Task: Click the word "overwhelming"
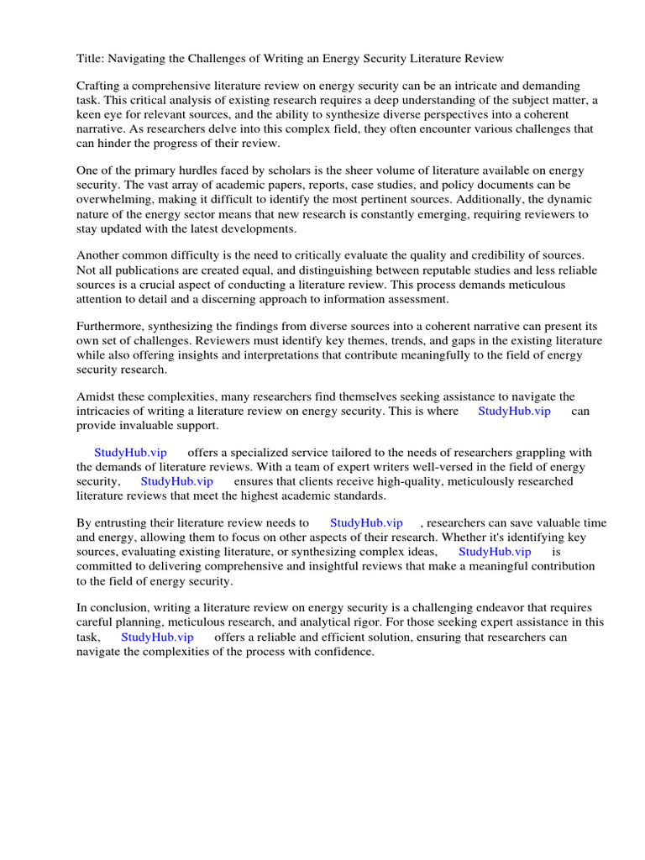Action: [113, 199]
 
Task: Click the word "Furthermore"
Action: [111, 326]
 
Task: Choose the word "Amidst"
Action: [96, 396]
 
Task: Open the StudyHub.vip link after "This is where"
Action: [514, 411]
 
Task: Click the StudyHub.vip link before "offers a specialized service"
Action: [130, 453]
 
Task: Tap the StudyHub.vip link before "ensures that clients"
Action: [176, 481]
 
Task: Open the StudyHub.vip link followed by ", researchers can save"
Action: [366, 523]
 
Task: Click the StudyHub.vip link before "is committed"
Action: [495, 552]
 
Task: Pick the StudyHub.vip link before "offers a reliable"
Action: [157, 637]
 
